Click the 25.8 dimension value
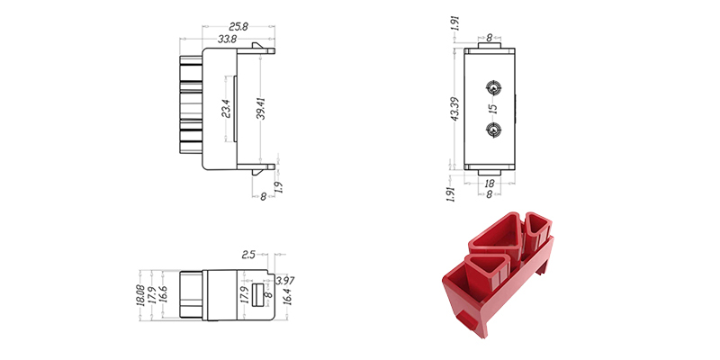[x=238, y=27]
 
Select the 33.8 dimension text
[x=228, y=39]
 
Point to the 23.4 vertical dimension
[x=226, y=108]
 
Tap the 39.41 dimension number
[x=261, y=108]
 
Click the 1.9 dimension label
[x=279, y=187]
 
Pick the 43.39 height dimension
[x=455, y=109]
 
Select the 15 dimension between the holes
[x=493, y=108]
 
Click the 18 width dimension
[x=490, y=184]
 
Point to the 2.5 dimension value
[x=248, y=255]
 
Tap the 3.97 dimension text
[x=284, y=281]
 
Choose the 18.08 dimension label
[x=140, y=295]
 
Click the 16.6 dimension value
[x=163, y=294]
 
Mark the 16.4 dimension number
[x=287, y=296]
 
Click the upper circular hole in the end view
[x=493, y=87]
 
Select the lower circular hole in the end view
[x=493, y=130]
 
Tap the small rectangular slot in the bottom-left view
[x=257, y=295]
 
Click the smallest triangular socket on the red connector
[x=538, y=227]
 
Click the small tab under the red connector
[x=466, y=319]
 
